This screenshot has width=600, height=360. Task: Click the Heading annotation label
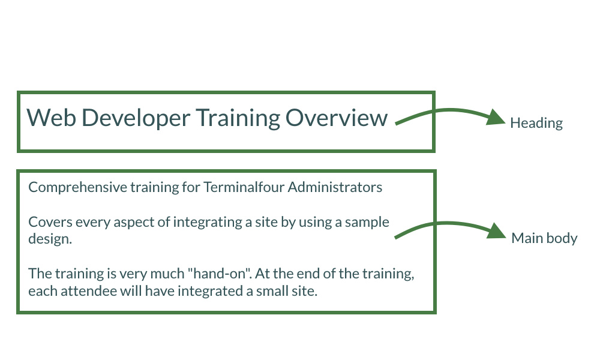click(x=536, y=124)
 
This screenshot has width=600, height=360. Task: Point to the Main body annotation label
click(x=544, y=239)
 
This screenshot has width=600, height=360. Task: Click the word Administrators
click(x=335, y=187)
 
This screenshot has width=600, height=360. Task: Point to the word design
click(x=50, y=239)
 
